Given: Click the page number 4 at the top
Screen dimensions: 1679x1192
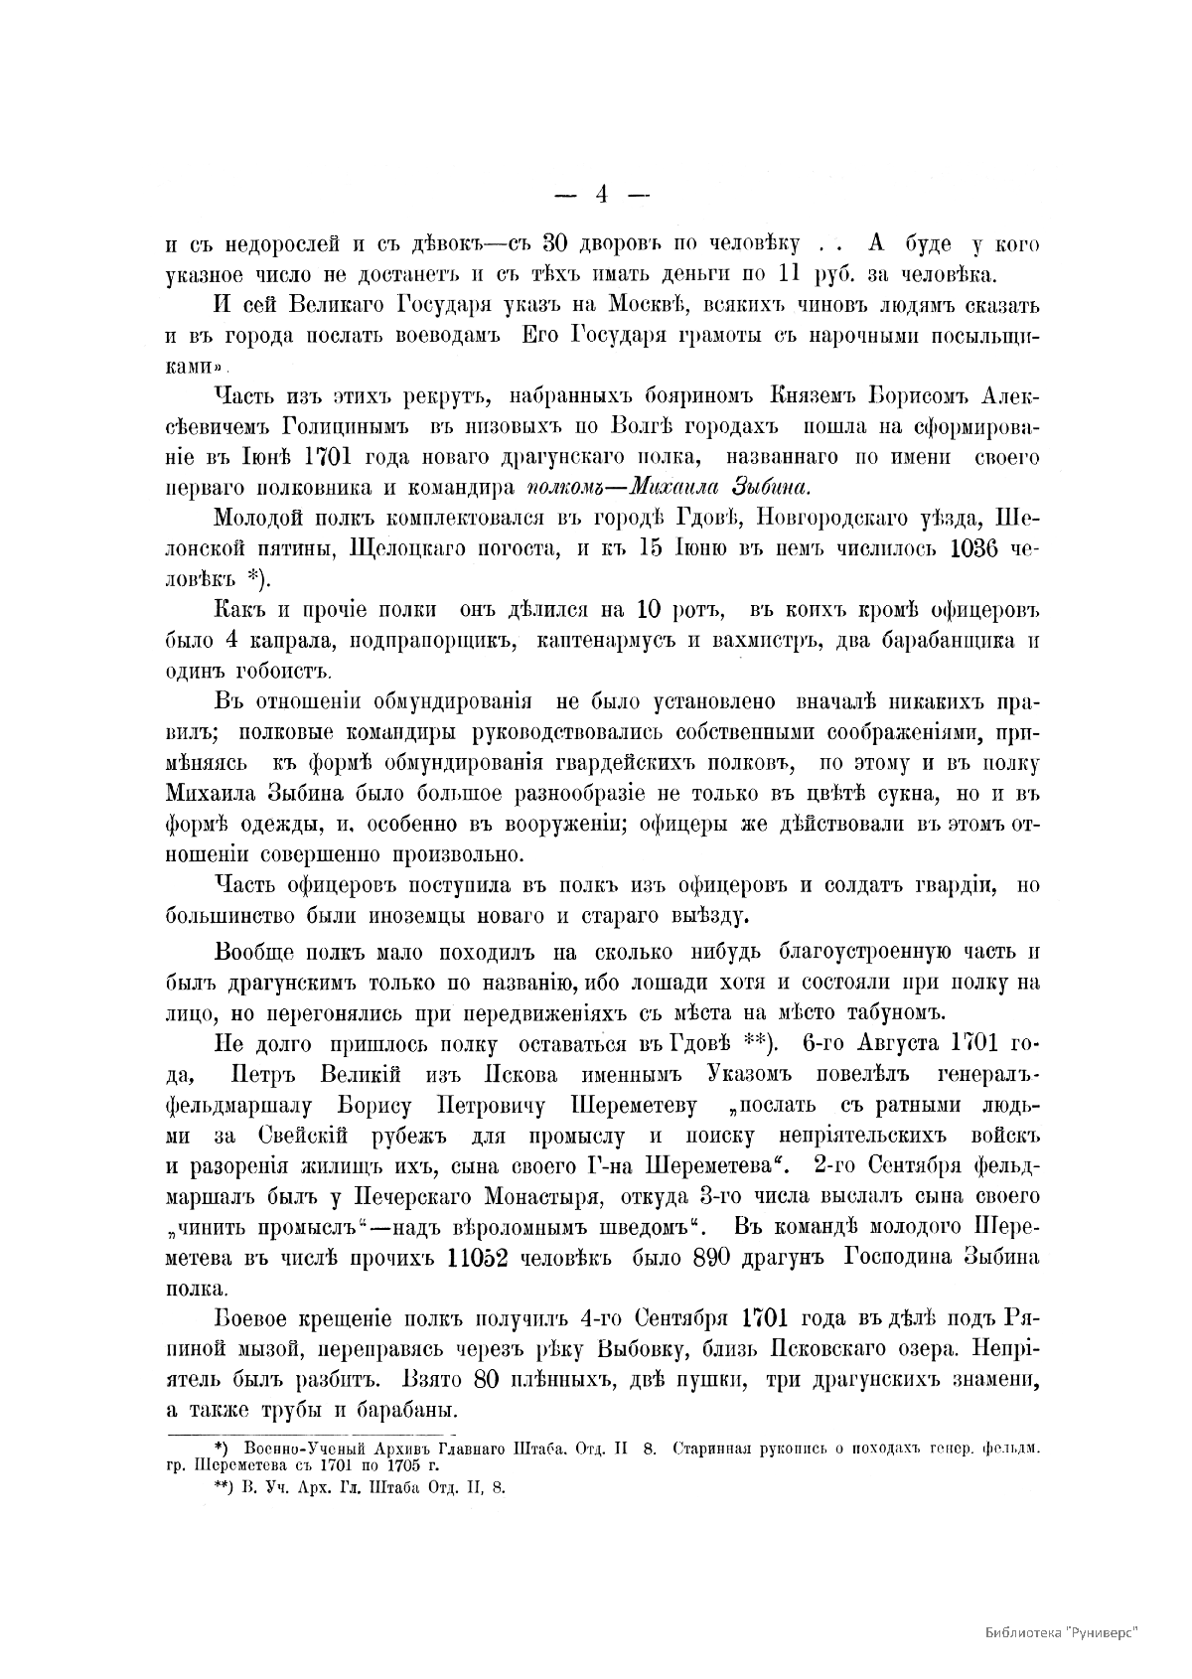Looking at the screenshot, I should point(600,195).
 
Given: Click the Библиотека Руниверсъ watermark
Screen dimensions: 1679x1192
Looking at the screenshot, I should point(1061,1631).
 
